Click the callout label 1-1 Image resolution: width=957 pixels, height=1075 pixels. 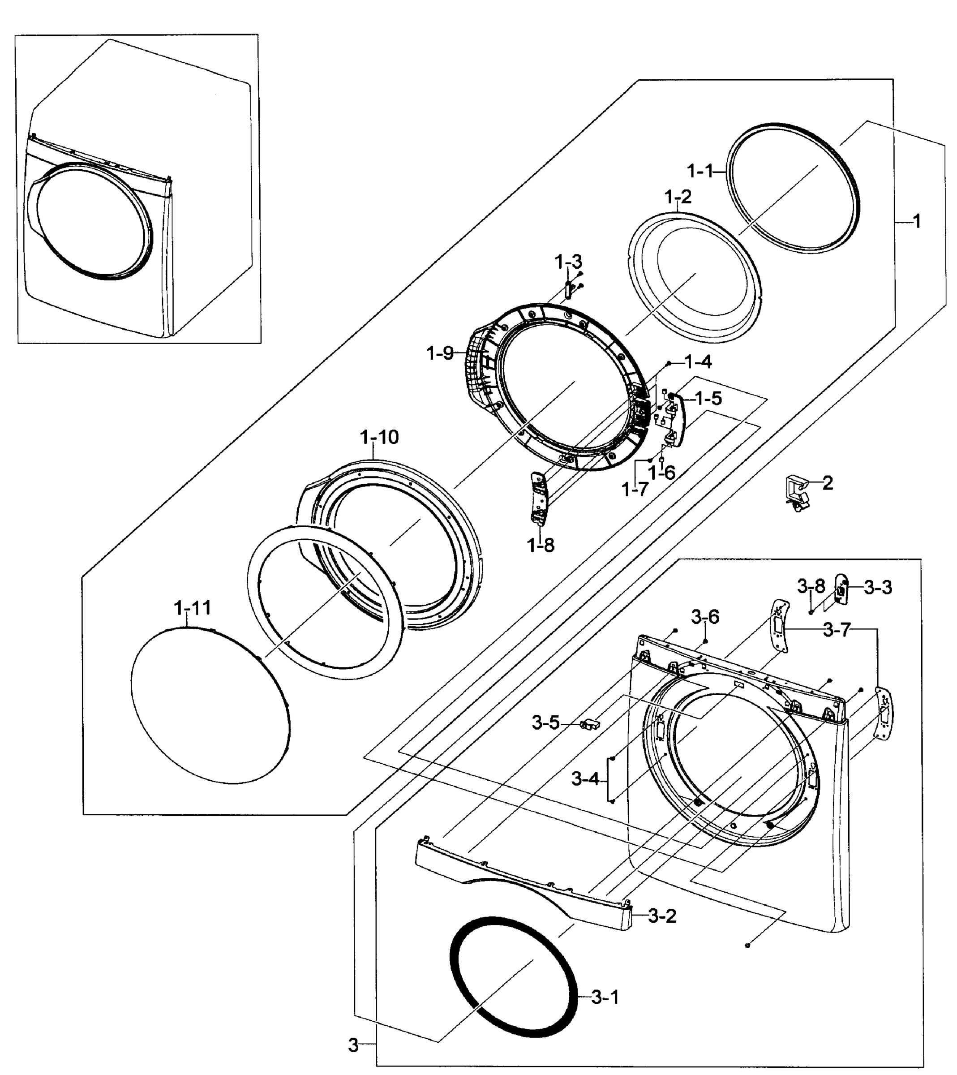coord(700,171)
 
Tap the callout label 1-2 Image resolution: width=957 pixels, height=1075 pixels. coord(678,197)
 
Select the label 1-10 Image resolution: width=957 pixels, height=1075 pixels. coord(379,437)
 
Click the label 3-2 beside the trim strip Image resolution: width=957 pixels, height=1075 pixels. coord(662,916)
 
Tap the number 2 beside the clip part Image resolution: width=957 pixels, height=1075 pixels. coord(828,483)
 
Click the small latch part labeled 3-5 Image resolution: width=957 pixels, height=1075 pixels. coord(589,724)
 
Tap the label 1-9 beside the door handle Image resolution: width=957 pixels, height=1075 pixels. coord(440,353)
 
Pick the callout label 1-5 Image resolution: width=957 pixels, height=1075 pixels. coord(708,399)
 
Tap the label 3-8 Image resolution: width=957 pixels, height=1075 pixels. coord(811,585)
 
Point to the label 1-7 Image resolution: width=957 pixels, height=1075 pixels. coord(635,490)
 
